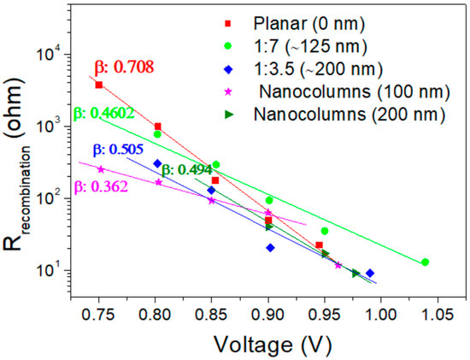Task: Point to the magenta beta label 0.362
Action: tap(98, 183)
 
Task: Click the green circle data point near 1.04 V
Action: tap(426, 263)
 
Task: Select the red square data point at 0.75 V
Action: tap(99, 85)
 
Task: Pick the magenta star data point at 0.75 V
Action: tap(101, 169)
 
